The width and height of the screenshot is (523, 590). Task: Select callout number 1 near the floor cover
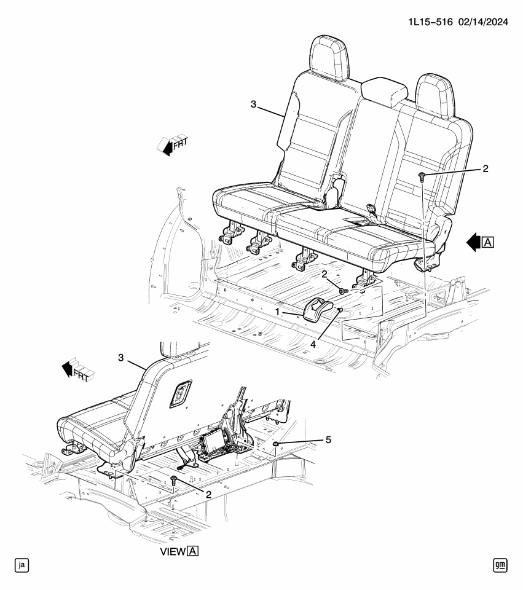point(278,312)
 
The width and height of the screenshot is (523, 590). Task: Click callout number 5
point(328,439)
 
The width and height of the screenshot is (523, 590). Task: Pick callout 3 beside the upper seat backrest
point(254,104)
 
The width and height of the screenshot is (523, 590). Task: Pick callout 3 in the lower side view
point(120,356)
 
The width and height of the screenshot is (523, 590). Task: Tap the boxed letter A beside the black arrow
point(489,242)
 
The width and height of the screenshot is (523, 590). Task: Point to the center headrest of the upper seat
point(385,92)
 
